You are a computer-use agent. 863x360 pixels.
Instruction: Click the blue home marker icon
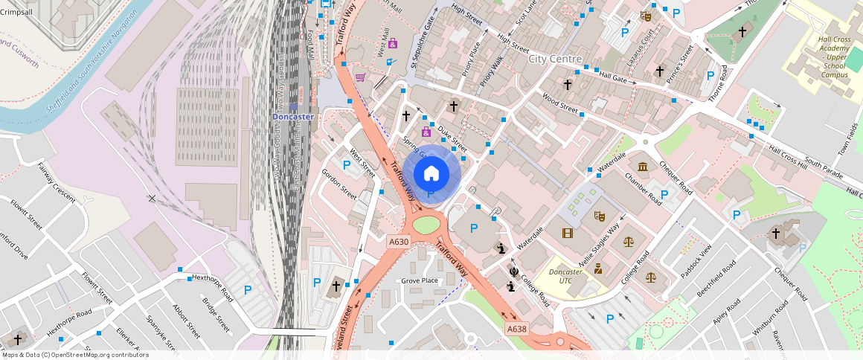click(431, 174)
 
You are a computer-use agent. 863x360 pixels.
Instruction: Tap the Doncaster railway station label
click(292, 117)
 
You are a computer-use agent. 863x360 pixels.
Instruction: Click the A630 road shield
click(399, 242)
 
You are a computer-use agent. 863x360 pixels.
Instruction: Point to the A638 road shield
click(516, 328)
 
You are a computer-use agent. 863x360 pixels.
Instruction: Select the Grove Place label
click(420, 280)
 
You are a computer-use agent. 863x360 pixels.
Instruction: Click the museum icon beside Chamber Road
click(642, 165)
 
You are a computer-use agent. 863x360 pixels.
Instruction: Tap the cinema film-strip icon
click(568, 233)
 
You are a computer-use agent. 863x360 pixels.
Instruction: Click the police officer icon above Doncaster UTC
click(597, 269)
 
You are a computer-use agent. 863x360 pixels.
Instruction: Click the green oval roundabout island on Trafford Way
click(426, 223)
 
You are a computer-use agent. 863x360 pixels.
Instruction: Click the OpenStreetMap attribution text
click(74, 355)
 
